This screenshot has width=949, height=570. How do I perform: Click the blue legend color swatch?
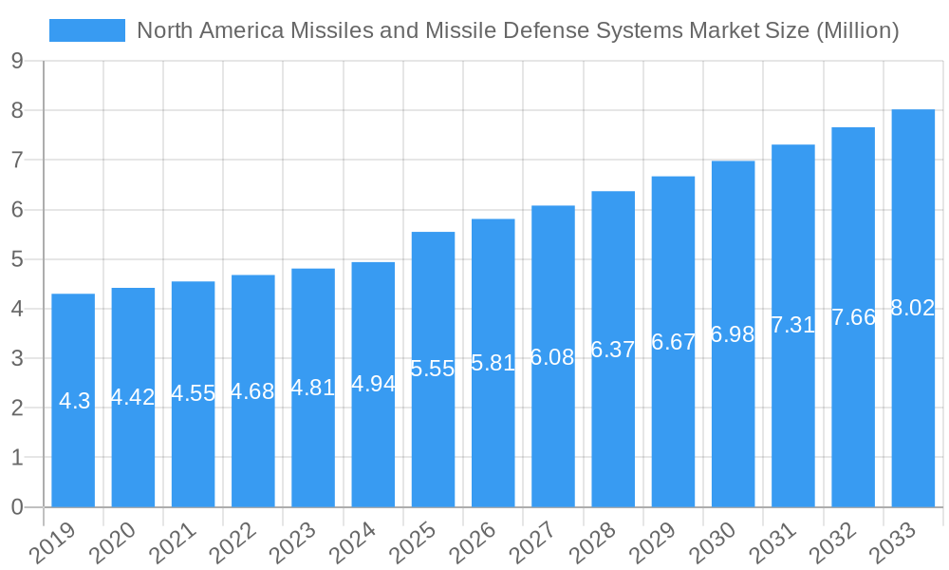coord(87,30)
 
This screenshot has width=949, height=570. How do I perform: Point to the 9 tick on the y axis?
coord(17,62)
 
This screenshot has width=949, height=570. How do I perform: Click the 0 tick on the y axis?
coord(17,507)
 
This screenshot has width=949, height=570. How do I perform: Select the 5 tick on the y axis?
coord(17,259)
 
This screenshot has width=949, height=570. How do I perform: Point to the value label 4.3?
coord(74,401)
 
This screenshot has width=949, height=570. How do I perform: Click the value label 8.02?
coord(913,308)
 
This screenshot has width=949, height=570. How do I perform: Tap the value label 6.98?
coord(733,334)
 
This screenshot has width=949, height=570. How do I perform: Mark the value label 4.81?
coord(312,388)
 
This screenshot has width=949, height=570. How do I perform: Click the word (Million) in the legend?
coord(857,30)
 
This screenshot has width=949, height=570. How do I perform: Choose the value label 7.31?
coord(792,325)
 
